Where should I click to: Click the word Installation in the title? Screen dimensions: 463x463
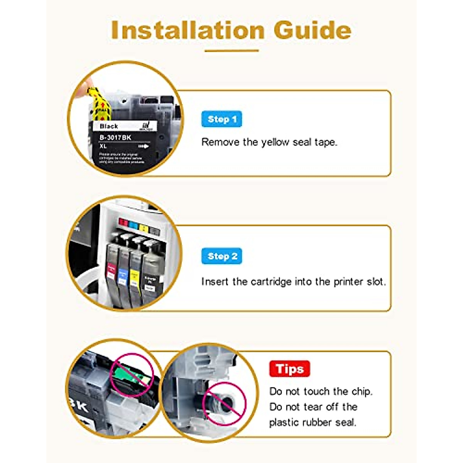pos(188,30)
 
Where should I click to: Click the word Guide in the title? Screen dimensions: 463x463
pos(313,30)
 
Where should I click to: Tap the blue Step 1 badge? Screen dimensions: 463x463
pos(221,119)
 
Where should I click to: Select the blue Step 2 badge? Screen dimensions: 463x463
pos(221,256)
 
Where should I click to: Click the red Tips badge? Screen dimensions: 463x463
pos(289,369)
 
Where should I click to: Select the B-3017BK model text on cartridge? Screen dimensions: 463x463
pos(115,137)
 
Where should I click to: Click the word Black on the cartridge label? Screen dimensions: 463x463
pos(108,126)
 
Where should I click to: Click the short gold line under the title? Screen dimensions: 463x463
pos(231,51)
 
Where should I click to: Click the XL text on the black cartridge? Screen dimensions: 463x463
pos(103,147)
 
